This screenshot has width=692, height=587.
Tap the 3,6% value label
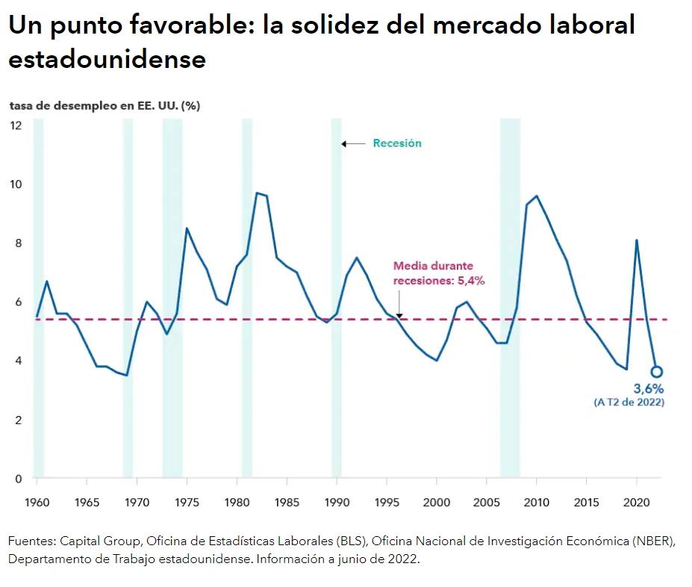click(648, 388)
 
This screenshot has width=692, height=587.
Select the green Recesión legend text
click(397, 143)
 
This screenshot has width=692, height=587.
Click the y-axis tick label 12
click(16, 125)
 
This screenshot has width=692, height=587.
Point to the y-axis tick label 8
click(18, 243)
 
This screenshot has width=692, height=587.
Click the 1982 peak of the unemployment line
click(257, 193)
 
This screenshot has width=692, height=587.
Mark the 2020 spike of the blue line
click(636, 240)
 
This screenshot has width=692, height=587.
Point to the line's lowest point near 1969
click(127, 375)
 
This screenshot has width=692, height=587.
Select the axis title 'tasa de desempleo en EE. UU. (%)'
click(105, 105)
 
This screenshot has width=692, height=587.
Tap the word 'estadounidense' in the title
click(107, 59)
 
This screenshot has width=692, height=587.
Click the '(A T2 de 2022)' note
click(629, 403)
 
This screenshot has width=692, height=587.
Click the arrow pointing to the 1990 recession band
click(353, 143)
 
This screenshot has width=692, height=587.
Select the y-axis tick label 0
click(18, 479)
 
